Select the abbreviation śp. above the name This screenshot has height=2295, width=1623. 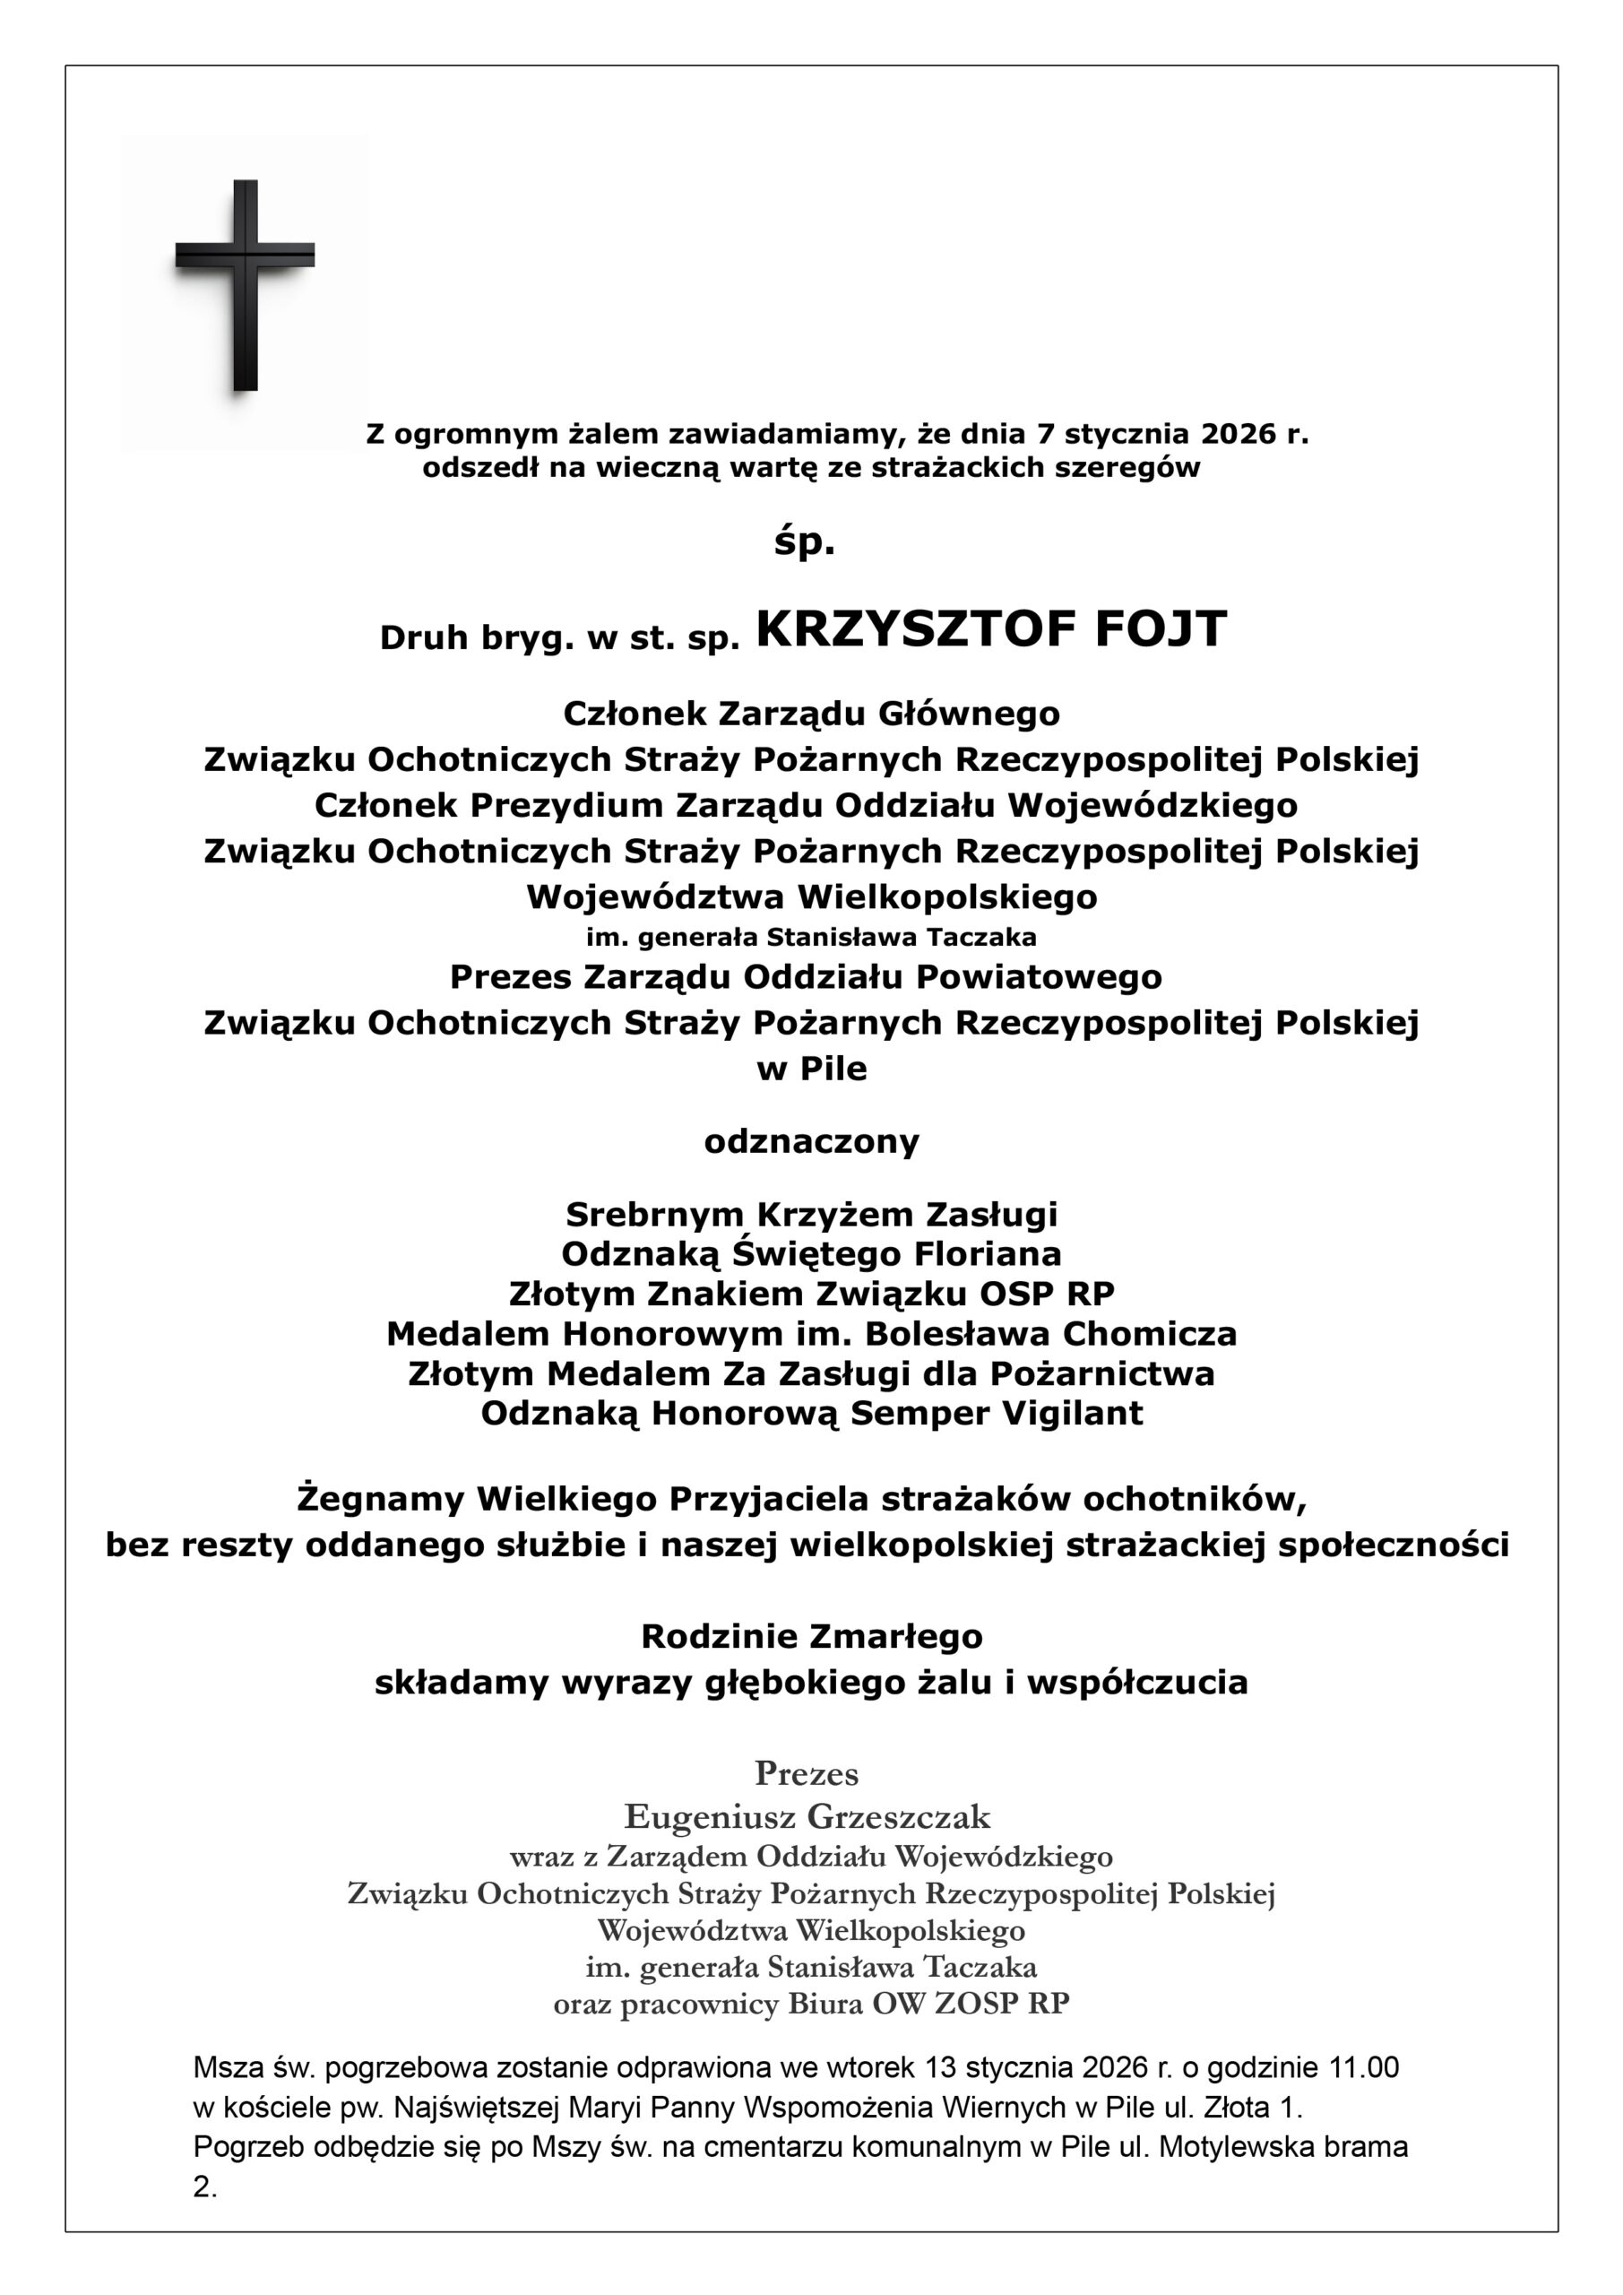click(x=805, y=542)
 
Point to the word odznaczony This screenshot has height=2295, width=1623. click(x=812, y=1141)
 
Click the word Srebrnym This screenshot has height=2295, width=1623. click(x=654, y=1215)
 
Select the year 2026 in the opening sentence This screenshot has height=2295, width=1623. click(x=1239, y=434)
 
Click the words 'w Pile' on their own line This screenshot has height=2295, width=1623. click(x=812, y=1069)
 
